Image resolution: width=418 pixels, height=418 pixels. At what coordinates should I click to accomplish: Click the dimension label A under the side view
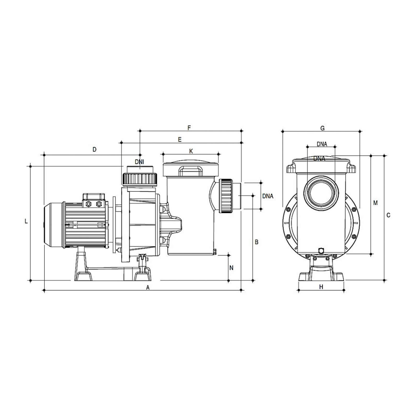[148, 287]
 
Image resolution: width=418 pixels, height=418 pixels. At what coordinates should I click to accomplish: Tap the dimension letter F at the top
[189, 128]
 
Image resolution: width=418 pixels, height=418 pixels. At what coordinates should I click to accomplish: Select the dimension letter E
[180, 140]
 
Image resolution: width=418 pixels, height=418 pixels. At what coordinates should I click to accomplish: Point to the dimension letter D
[95, 149]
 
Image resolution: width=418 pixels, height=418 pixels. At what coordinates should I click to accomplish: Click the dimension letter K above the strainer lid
[191, 151]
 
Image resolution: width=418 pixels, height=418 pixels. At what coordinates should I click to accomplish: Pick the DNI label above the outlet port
[140, 162]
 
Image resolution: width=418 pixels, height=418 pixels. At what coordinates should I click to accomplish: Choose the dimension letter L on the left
[26, 221]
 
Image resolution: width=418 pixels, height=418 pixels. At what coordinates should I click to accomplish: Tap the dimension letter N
[231, 268]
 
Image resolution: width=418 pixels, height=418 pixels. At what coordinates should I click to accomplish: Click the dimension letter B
[257, 242]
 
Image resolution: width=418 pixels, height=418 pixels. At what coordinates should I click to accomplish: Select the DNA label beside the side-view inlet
[268, 196]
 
